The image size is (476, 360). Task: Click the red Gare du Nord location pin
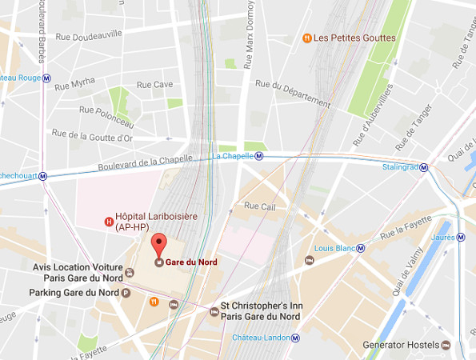(x=158, y=244)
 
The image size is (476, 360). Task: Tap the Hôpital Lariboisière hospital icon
(x=109, y=222)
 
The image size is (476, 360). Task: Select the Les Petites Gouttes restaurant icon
(x=306, y=38)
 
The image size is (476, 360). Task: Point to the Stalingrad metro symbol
(x=424, y=169)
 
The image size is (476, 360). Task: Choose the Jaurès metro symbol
(x=462, y=237)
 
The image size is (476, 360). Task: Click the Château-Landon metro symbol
(x=296, y=338)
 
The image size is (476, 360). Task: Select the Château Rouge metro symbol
(x=47, y=78)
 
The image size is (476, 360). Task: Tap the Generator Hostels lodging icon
(x=446, y=345)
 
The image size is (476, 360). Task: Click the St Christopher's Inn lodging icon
(x=213, y=311)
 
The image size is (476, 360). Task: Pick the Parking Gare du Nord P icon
(x=126, y=293)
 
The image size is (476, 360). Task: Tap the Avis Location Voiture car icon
(x=130, y=272)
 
